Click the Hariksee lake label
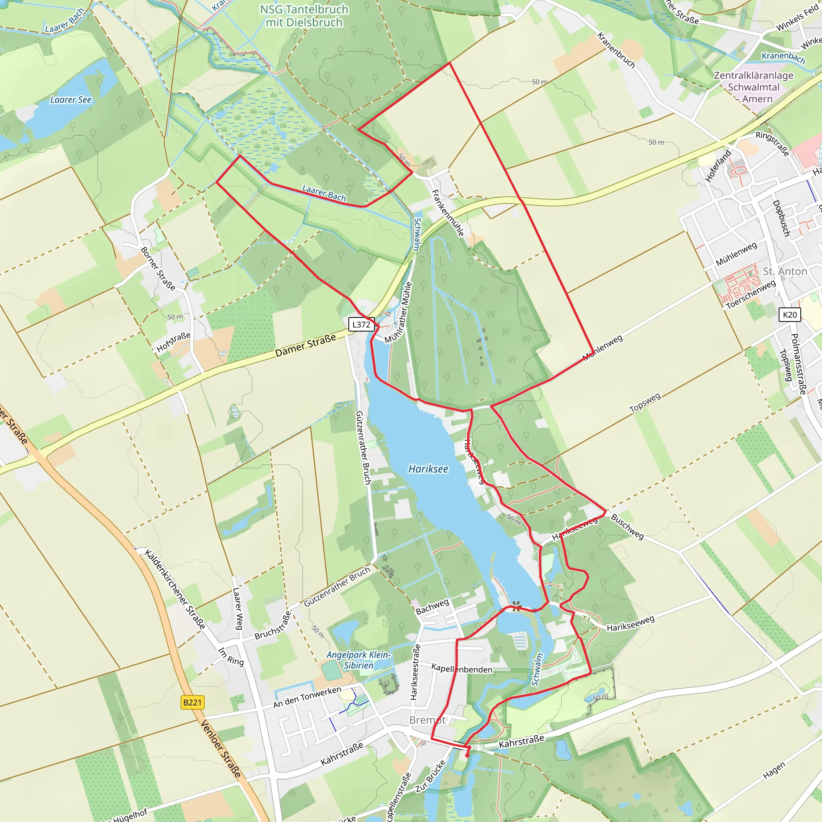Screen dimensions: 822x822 (428, 469)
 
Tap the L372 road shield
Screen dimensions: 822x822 (361, 325)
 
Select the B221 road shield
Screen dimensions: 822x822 (192, 702)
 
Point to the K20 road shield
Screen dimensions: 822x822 (789, 314)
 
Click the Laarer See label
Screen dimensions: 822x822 (71, 100)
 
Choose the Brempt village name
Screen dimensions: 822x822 (427, 720)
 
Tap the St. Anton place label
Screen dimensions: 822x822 (785, 271)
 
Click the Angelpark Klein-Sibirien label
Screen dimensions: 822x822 (358, 660)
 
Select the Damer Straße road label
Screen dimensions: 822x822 (305, 346)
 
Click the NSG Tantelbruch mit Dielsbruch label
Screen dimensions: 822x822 (304, 16)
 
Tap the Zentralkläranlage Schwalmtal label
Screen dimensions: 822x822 (753, 87)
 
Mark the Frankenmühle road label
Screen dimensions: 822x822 (448, 213)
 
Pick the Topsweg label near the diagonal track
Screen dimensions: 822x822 (645, 402)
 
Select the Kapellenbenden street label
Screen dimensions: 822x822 (462, 668)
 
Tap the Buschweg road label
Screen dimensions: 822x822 (627, 526)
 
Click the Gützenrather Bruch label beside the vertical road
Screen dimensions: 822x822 (363, 447)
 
